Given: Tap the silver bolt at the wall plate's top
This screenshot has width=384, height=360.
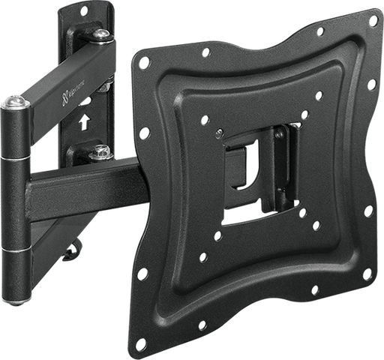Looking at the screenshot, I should pyautogui.click(x=100, y=34).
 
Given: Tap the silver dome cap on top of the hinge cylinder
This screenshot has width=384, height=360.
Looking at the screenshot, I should pyautogui.click(x=13, y=102).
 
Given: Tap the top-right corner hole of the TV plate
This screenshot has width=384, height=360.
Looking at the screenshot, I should pyautogui.click(x=373, y=23).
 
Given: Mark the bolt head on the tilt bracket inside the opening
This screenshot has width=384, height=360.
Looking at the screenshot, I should pyautogui.click(x=279, y=136).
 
